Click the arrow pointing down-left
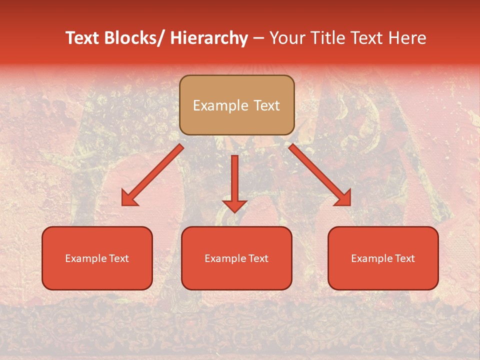point(152,175)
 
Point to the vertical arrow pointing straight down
point(234,182)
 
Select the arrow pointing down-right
point(320,175)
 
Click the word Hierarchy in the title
point(209,38)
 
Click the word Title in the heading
point(324,38)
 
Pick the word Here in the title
point(407,38)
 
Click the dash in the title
point(258,38)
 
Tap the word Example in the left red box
point(85,258)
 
